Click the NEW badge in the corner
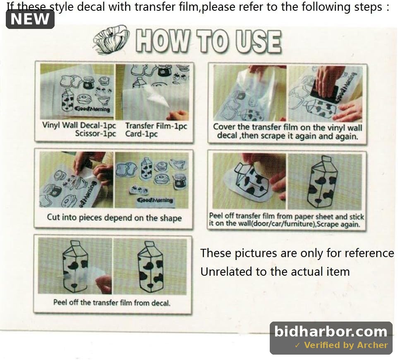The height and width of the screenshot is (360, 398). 30,19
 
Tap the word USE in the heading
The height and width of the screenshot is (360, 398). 258,42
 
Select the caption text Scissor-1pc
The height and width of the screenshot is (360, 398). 96,134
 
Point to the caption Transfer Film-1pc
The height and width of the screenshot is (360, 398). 156,126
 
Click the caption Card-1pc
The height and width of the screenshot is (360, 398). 141,134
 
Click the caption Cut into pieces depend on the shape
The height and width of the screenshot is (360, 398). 114,218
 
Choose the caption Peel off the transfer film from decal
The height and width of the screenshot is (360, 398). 112,303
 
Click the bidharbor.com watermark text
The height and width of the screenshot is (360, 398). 331,331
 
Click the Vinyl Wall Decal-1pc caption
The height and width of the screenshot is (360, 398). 79,125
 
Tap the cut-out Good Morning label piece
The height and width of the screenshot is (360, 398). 155,201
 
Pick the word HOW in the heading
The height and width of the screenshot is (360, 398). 163,41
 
